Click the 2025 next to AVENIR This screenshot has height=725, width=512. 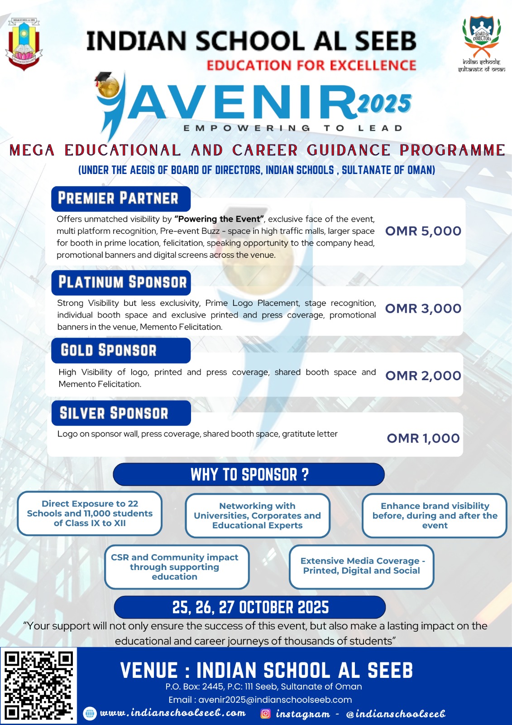tap(384, 104)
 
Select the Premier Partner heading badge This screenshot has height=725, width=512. tap(120, 198)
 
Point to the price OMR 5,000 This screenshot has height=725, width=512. tap(423, 231)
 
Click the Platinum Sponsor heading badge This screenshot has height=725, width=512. tap(121, 282)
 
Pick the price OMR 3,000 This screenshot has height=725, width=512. tap(423, 309)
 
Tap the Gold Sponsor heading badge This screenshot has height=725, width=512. tap(120, 350)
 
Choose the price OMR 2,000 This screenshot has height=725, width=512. tap(423, 376)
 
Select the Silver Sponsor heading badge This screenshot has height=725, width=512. tap(120, 413)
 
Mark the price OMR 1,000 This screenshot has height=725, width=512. tap(423, 438)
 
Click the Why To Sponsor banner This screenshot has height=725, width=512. tap(249, 474)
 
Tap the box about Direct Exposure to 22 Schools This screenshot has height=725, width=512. tap(90, 513)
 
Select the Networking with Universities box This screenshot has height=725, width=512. tap(257, 516)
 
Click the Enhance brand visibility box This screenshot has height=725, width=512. tap(435, 516)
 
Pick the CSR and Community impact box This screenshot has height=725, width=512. tap(177, 567)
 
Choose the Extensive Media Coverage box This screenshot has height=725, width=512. tap(361, 566)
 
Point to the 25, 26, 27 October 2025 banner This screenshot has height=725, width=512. tap(250, 607)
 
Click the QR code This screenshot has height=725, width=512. tap(38, 685)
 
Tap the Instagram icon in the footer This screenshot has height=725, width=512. tap(266, 714)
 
